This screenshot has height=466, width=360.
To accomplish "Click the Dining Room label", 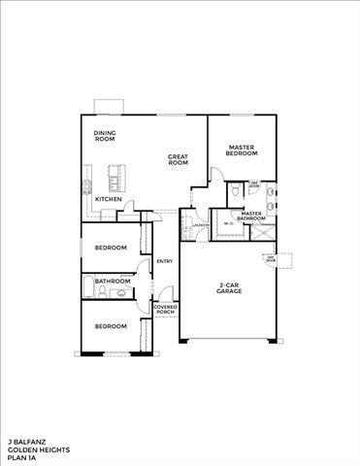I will coord(104,137).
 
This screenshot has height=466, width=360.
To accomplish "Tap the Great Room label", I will coord(178,159).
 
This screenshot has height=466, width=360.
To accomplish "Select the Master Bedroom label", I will coord(242,150).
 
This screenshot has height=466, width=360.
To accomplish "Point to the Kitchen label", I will coord(108,199).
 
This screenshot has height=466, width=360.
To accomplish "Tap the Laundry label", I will coord(201,226).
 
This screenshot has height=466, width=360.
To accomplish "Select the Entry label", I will coord(165,260).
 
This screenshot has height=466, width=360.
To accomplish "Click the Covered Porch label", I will coord(165,310).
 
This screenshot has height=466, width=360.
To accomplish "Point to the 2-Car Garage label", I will coord(230,288).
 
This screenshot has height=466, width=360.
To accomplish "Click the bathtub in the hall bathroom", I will coord(87,286).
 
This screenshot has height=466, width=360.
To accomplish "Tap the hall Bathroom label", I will coord(113,282).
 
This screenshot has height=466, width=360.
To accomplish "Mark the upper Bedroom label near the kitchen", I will coord(111,248).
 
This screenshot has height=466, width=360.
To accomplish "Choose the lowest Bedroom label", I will coord(111,325).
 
